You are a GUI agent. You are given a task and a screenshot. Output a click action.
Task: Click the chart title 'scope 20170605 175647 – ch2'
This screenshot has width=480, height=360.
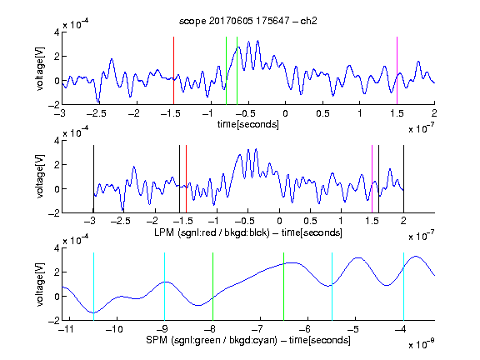point(248,21)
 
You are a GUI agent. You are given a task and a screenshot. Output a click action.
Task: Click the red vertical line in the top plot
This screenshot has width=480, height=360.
point(173,71)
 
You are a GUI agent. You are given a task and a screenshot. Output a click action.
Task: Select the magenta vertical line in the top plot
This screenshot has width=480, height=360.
point(397,71)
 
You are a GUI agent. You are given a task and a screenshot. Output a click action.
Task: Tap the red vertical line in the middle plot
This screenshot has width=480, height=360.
point(186,179)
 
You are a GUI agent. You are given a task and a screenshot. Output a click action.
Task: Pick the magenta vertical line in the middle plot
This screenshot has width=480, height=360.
point(372,179)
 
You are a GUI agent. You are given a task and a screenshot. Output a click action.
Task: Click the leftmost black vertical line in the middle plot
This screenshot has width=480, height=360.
point(93,179)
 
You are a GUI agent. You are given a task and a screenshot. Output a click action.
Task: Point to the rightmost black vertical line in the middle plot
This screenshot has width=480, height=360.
point(403,179)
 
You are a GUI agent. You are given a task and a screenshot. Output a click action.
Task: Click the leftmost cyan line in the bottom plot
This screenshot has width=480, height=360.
point(93,287)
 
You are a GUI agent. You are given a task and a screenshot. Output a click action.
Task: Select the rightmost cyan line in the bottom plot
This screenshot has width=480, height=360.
point(403,287)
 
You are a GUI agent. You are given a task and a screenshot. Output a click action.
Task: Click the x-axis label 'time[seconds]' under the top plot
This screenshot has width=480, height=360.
point(248,124)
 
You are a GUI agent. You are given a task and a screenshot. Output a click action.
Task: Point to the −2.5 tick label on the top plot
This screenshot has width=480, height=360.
point(96,113)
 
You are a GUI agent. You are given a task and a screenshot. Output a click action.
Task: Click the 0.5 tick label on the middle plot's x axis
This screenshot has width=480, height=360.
point(310,221)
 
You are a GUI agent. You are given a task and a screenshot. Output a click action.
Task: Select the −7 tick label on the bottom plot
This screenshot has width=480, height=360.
point(259,329)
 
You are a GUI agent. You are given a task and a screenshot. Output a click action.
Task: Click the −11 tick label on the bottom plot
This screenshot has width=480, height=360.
point(66,329)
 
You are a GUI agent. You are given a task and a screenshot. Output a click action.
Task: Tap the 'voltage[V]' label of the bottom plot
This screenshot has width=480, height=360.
point(40,284)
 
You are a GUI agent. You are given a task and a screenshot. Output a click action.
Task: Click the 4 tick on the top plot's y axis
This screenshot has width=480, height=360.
point(57,32)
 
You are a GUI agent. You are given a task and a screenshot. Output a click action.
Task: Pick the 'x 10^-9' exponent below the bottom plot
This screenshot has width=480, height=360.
point(422,344)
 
